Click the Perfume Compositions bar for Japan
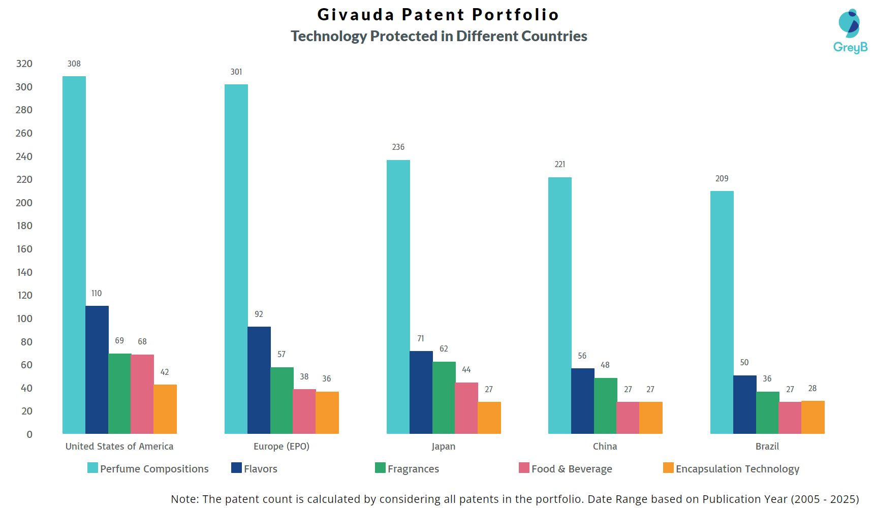point(398,297)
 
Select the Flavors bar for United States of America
point(97,369)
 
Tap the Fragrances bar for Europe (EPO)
point(282,400)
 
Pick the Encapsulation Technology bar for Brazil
point(813,417)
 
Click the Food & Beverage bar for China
point(628,418)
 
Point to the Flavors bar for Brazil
point(744,404)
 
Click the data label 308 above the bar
point(74,63)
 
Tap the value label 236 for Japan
point(398,147)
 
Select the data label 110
point(97,293)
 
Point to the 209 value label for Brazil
point(722,178)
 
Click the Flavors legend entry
point(255,468)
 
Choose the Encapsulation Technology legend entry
point(731,468)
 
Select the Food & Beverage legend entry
point(566,468)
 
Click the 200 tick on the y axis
point(24,203)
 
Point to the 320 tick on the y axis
point(24,63)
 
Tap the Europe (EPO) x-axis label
point(282,446)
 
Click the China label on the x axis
point(605,446)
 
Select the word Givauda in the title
point(356,14)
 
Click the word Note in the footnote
point(183,499)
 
